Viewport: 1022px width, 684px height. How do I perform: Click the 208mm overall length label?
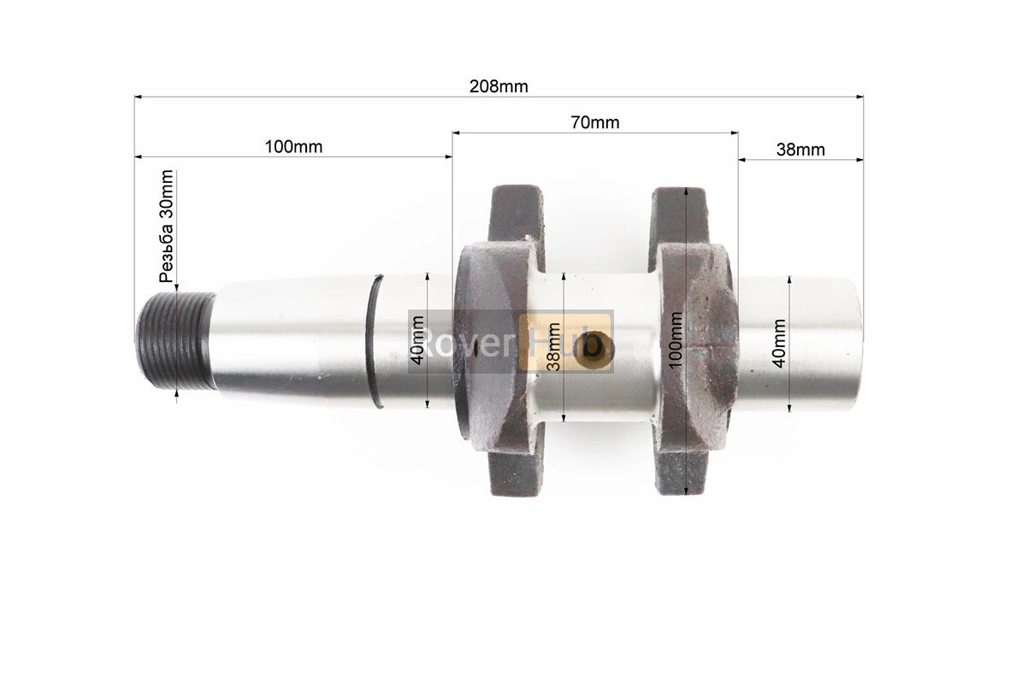(x=499, y=86)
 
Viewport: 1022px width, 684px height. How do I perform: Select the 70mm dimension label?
(x=595, y=122)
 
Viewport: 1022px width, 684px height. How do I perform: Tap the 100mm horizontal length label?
(x=293, y=146)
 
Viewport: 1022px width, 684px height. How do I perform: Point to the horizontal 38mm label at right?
(x=800, y=150)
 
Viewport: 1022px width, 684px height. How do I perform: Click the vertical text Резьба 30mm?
(x=167, y=226)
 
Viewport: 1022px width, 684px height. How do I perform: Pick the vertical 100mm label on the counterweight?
(x=676, y=339)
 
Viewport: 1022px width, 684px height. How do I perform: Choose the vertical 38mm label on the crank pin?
(x=554, y=346)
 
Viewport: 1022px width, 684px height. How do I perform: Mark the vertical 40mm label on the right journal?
(x=779, y=344)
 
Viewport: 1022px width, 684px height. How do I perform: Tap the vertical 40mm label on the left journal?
(x=418, y=339)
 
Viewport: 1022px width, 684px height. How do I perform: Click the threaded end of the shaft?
(x=176, y=342)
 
